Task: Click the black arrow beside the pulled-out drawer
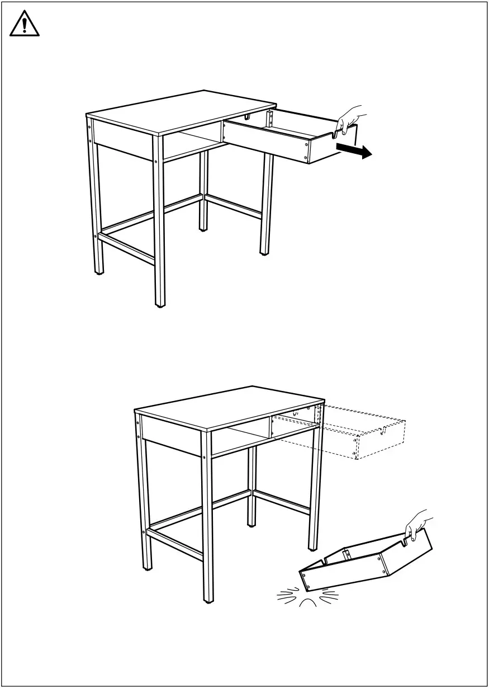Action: click(x=355, y=150)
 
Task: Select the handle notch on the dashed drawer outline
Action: click(x=383, y=431)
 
